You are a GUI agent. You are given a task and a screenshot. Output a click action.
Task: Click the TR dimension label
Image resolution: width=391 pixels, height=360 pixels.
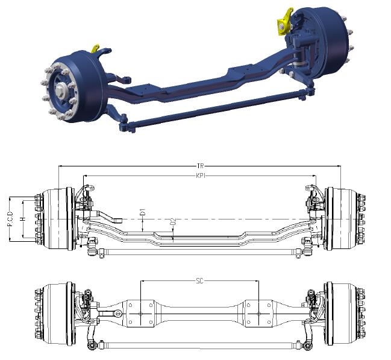199,165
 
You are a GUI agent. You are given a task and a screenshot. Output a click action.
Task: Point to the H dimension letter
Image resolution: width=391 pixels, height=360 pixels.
23,219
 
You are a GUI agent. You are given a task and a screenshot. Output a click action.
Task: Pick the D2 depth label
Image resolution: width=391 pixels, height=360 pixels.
173,224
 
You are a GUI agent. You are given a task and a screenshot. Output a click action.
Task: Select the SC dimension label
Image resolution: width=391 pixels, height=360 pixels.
199,281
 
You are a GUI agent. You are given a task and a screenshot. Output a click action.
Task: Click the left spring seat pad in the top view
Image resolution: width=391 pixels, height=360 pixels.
142,314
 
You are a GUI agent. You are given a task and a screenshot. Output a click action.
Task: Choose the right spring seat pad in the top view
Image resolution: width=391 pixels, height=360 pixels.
258,314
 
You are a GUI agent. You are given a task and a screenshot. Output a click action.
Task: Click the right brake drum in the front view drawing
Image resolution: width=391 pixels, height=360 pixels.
340,218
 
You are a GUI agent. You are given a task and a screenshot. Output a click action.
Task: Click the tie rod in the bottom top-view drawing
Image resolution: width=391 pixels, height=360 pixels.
199,345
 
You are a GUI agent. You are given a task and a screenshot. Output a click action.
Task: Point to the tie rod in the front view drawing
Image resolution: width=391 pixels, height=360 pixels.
199,250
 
